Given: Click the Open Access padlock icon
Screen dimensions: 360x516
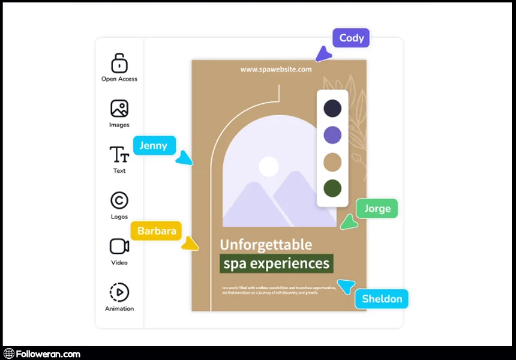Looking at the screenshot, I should [x=119, y=63].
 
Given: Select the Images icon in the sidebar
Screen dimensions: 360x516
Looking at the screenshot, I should [x=119, y=109].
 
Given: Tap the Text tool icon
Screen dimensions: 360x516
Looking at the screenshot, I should [x=119, y=155].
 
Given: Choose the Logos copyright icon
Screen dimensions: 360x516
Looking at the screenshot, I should [x=119, y=200].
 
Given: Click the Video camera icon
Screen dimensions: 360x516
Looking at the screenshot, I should [x=119, y=246].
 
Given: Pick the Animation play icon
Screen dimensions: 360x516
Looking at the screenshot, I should [x=119, y=292].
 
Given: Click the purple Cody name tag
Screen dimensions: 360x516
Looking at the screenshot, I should [x=351, y=38].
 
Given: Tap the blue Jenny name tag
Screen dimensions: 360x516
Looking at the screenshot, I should [x=154, y=145].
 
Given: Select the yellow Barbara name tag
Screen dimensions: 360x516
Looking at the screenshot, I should [x=156, y=230].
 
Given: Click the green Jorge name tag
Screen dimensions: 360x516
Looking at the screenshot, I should [x=377, y=208].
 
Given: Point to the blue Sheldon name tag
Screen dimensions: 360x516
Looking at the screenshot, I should [x=382, y=299].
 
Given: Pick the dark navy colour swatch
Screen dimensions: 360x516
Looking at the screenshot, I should [x=332, y=109].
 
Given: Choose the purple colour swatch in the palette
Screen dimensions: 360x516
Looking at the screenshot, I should [x=332, y=135].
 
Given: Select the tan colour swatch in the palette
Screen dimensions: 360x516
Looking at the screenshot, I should [x=332, y=162].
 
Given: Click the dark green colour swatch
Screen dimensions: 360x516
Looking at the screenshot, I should [x=332, y=188].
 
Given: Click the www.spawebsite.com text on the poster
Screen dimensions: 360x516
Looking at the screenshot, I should [x=276, y=69].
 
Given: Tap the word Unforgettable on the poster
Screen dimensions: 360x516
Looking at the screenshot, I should [x=266, y=244].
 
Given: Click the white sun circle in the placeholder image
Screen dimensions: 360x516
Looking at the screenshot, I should [x=269, y=166].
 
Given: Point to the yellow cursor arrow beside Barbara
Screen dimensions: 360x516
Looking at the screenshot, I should [x=190, y=244].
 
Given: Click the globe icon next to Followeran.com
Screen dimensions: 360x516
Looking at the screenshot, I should [x=9, y=354].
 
